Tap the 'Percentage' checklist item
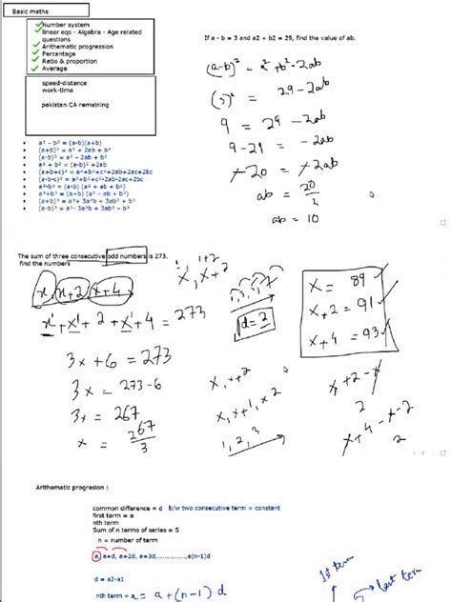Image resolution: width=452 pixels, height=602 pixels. (x=58, y=55)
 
